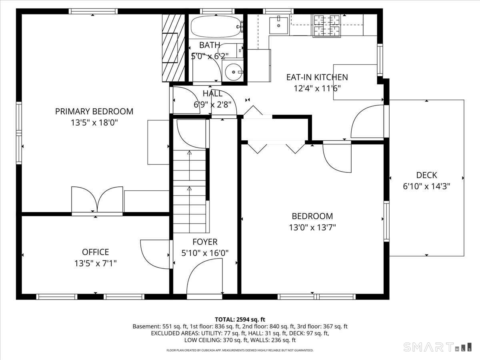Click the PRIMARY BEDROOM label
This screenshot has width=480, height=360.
(x=94, y=112)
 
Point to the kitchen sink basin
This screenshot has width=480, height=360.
(x=278, y=26)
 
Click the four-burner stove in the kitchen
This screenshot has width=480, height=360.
(x=327, y=26)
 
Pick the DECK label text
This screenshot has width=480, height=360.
(x=426, y=175)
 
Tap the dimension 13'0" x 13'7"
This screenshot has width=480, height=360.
(x=312, y=228)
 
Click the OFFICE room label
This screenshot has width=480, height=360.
(x=95, y=252)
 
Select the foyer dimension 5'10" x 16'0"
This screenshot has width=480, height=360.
(x=205, y=253)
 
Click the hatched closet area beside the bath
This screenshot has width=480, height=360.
(x=174, y=48)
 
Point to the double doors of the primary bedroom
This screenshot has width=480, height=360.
(x=97, y=199)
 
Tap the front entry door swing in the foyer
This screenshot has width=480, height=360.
(x=204, y=276)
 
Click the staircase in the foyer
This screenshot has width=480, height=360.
(x=189, y=191)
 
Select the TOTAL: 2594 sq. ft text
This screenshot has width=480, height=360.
(x=240, y=320)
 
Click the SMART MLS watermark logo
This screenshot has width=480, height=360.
(x=437, y=347)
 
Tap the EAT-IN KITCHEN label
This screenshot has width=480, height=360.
(x=317, y=77)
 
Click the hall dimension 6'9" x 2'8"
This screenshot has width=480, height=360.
(x=212, y=105)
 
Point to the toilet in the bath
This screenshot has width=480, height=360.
(x=231, y=50)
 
